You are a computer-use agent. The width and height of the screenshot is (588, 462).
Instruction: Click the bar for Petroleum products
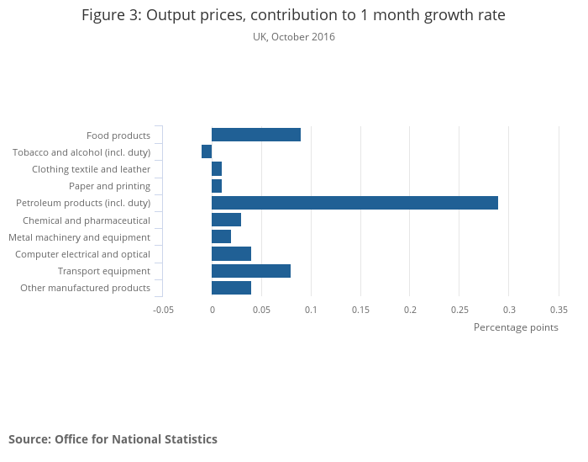(354, 203)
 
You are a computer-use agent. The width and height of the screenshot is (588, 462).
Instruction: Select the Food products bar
(256, 135)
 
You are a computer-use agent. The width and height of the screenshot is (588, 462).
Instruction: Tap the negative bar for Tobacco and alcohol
(207, 151)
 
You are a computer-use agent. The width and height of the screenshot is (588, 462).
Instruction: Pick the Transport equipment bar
(251, 271)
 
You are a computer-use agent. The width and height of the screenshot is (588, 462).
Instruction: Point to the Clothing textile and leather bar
(217, 169)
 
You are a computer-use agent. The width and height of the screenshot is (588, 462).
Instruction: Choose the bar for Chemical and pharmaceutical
(226, 220)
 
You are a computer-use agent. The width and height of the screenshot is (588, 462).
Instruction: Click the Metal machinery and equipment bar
(221, 236)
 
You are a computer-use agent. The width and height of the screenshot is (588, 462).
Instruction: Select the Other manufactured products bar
(231, 288)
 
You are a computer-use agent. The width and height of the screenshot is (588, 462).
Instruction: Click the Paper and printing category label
(109, 186)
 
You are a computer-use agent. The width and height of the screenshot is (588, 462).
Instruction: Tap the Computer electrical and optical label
(82, 254)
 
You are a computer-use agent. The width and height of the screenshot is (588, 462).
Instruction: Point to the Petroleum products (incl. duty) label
(83, 203)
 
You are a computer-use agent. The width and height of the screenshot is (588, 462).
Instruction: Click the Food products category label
(118, 135)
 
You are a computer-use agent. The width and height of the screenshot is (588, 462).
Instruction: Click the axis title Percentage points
(516, 327)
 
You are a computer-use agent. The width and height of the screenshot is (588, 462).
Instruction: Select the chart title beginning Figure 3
(293, 15)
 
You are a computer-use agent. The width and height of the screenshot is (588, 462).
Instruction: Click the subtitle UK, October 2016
(293, 37)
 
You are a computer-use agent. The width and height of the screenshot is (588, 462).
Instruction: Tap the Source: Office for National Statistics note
(113, 439)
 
